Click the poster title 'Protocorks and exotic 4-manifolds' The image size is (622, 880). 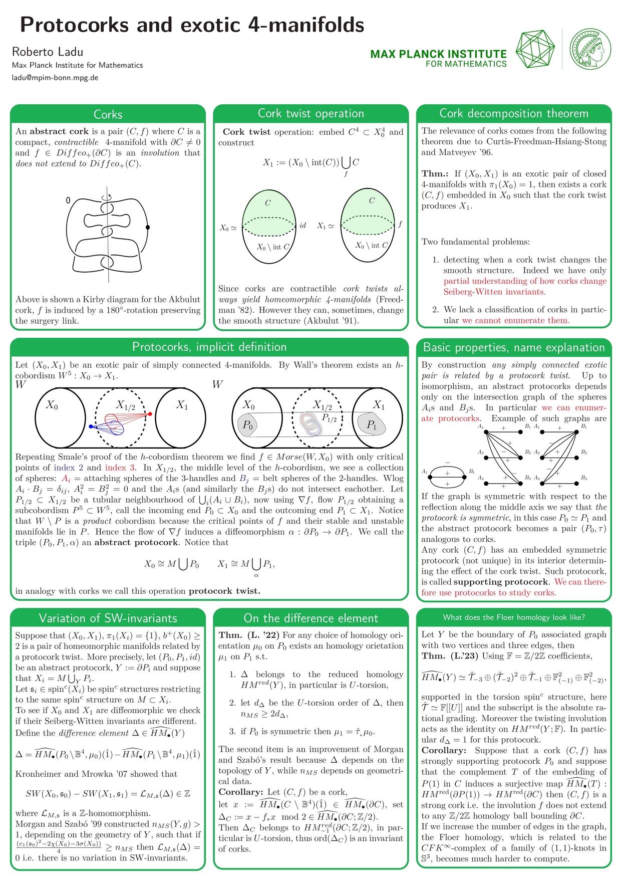point(192,25)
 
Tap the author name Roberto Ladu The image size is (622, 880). point(48,52)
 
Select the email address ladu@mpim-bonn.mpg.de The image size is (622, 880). point(55,78)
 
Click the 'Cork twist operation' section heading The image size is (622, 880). point(310,114)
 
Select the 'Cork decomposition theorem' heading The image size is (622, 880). point(514,114)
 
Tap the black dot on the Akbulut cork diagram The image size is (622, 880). point(148,228)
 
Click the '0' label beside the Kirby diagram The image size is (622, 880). point(68,201)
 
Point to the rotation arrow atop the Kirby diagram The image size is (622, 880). point(107,197)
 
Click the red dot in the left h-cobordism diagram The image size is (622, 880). point(150,414)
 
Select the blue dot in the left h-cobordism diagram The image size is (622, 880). point(91,426)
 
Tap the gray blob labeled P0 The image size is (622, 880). point(248,424)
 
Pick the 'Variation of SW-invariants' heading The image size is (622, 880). point(108,618)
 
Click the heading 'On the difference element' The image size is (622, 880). point(310,618)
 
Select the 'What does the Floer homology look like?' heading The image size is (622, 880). point(514,617)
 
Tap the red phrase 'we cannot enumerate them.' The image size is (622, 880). point(515,320)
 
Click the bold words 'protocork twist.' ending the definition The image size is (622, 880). point(224,591)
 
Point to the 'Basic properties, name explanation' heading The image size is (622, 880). point(514,347)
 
